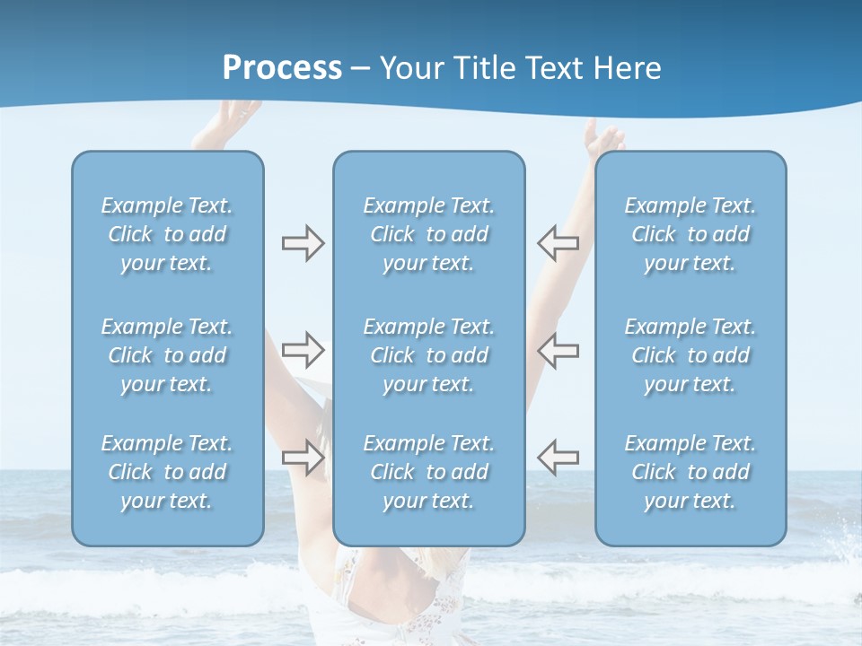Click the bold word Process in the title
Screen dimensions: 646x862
click(x=282, y=68)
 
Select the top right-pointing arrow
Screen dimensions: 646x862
click(x=303, y=243)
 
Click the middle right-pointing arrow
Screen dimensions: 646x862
click(x=303, y=349)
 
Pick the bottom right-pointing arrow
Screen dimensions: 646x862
click(x=303, y=456)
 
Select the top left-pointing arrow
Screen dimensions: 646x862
click(x=558, y=243)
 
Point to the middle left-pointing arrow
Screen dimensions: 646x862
click(x=558, y=349)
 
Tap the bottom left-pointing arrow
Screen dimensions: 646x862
click(x=558, y=456)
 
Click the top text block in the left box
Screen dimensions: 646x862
click(x=167, y=234)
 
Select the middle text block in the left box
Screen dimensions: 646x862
click(x=167, y=355)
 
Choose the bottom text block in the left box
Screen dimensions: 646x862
click(x=167, y=472)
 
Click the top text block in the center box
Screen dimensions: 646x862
click(x=429, y=234)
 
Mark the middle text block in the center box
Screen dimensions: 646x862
click(x=429, y=355)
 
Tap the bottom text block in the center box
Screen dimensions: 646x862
click(x=429, y=472)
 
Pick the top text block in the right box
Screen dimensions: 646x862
click(x=690, y=234)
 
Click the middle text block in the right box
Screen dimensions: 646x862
click(x=690, y=355)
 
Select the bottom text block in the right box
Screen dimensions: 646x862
click(x=690, y=472)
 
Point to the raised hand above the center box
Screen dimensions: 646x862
click(x=602, y=138)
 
